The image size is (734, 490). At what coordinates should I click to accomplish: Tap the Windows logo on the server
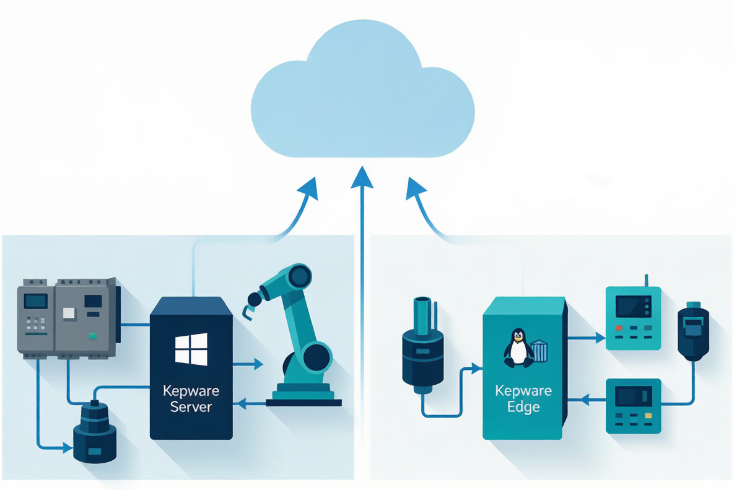click(x=191, y=349)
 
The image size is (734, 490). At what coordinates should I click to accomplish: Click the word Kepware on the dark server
click(x=191, y=392)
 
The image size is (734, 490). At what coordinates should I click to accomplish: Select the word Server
click(x=191, y=406)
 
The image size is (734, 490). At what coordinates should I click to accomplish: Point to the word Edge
click(x=523, y=407)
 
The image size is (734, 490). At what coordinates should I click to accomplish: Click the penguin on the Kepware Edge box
click(x=518, y=348)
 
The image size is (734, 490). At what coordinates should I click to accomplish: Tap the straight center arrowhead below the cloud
click(x=362, y=177)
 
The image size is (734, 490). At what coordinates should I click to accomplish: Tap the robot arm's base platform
click(x=304, y=395)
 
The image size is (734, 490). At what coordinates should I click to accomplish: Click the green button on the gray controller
click(x=93, y=336)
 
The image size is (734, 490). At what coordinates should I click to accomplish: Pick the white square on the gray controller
click(x=69, y=313)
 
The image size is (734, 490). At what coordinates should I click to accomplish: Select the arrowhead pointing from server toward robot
click(x=258, y=364)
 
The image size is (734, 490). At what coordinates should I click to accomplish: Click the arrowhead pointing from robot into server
click(x=242, y=403)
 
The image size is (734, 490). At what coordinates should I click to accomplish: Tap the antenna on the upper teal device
click(x=646, y=281)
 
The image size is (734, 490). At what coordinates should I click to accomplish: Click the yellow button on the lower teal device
click(x=649, y=416)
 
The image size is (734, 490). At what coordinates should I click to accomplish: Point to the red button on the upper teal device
click(x=619, y=328)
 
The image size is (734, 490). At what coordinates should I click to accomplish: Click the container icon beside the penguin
click(x=540, y=351)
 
